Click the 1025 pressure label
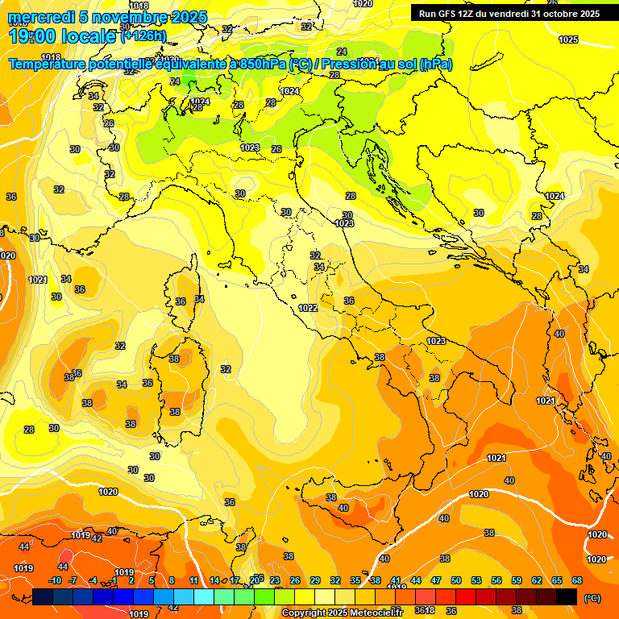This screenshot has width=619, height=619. pos(568,39)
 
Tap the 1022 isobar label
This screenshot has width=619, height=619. pos(307,308)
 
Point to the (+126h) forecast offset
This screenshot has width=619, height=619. pos(143,35)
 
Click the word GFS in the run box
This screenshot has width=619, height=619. pos(451,13)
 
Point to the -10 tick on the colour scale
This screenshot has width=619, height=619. pos(55,580)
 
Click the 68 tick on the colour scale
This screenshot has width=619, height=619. pos(577,580)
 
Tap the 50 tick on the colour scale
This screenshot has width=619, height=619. pos(456,580)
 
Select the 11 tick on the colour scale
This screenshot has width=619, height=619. pos(193,580)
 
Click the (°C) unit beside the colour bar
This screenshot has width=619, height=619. pos(592,597)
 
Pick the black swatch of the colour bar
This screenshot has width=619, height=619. pos(567,596)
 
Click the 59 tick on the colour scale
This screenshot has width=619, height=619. pos(517,580)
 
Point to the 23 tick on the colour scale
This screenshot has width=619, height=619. pos(275,580)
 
